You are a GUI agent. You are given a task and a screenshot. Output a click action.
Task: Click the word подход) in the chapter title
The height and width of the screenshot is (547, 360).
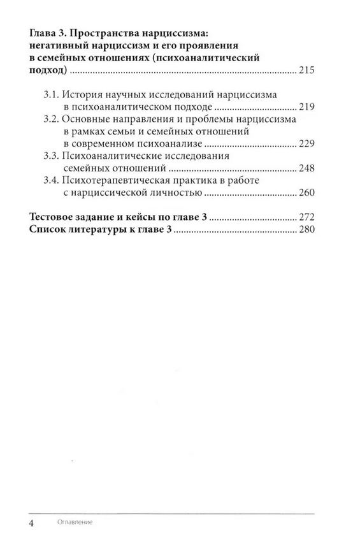click(x=47, y=70)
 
